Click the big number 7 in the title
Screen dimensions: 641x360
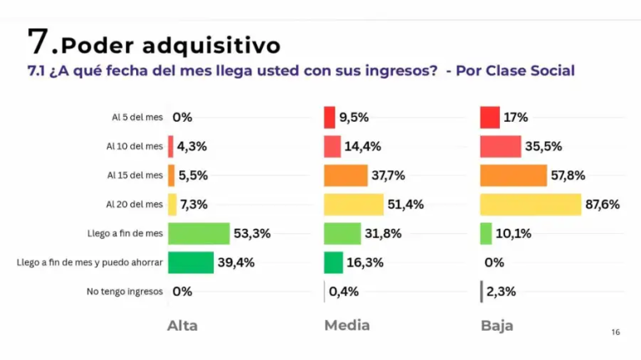click(x=38, y=41)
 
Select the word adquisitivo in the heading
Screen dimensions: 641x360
click(x=212, y=45)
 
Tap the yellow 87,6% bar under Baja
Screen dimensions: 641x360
click(x=531, y=205)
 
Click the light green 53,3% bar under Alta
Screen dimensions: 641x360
click(x=199, y=234)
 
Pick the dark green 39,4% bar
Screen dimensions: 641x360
click(x=190, y=262)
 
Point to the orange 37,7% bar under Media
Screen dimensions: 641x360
click(x=346, y=175)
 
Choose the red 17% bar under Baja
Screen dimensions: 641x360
click(x=490, y=118)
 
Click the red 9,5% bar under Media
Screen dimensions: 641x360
click(x=330, y=118)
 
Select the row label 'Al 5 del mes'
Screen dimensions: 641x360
click(x=138, y=118)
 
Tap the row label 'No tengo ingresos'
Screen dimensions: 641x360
click(x=124, y=292)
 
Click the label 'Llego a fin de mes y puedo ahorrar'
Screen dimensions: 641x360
click(x=90, y=262)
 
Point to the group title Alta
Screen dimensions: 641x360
click(x=182, y=326)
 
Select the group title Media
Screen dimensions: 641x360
click(x=347, y=326)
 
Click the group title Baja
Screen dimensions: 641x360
click(x=497, y=326)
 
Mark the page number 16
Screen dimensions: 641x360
click(x=616, y=332)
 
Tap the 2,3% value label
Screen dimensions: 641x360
click(x=501, y=292)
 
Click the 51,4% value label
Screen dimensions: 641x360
click(x=406, y=205)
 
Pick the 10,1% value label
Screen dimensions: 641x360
click(x=513, y=234)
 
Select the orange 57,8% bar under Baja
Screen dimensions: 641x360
click(x=513, y=175)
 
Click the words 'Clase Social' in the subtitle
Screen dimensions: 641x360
click(x=530, y=71)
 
